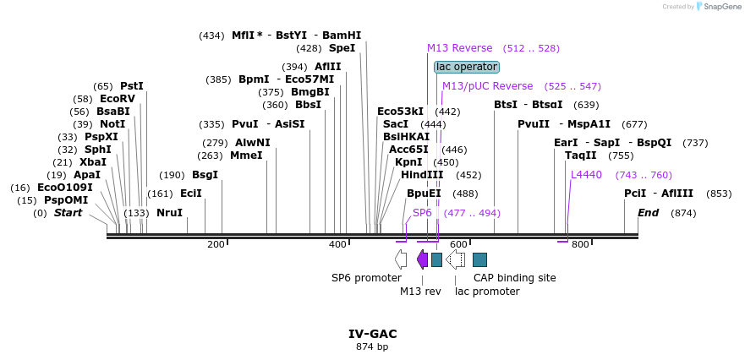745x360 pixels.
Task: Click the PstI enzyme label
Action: click(x=132, y=86)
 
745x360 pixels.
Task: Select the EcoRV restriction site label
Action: click(x=117, y=99)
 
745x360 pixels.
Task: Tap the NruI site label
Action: click(x=169, y=213)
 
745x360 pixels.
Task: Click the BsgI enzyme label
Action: click(x=205, y=175)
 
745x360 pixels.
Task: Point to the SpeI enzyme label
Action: click(x=342, y=48)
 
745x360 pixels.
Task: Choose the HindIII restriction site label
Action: click(x=422, y=175)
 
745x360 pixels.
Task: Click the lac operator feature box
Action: click(x=467, y=67)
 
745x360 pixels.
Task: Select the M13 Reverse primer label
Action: click(x=459, y=48)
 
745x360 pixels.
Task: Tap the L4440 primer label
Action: click(x=586, y=175)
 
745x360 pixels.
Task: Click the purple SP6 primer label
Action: click(x=422, y=213)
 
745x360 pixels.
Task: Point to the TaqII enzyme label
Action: click(x=581, y=155)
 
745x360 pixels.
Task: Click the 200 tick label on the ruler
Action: click(x=216, y=245)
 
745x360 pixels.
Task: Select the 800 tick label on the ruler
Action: click(x=580, y=245)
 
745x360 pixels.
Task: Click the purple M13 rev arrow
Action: click(x=422, y=259)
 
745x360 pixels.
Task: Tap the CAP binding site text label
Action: click(x=514, y=277)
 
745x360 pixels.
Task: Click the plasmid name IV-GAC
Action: click(x=372, y=334)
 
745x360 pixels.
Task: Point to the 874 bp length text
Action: click(x=372, y=346)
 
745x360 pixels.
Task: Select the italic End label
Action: click(x=648, y=213)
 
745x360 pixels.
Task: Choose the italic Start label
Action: click(x=68, y=213)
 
